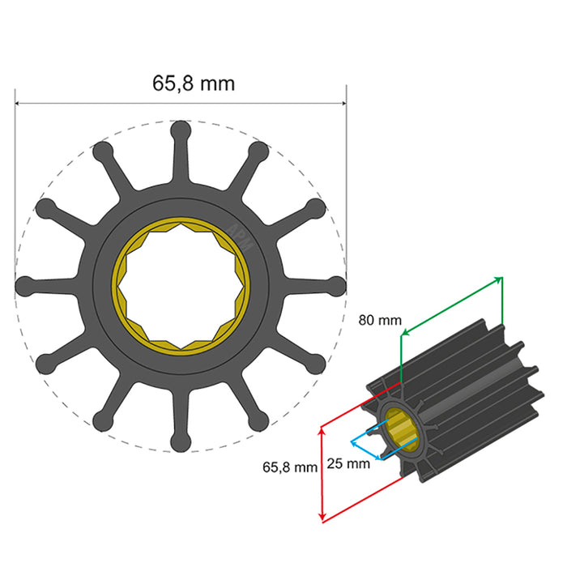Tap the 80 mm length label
click(380, 320)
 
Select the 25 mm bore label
click(348, 464)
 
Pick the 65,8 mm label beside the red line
click(289, 467)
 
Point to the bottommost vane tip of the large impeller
click(180, 442)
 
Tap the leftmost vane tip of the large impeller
click(24, 285)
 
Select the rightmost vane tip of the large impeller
click(337, 285)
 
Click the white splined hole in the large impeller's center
click(180, 285)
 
